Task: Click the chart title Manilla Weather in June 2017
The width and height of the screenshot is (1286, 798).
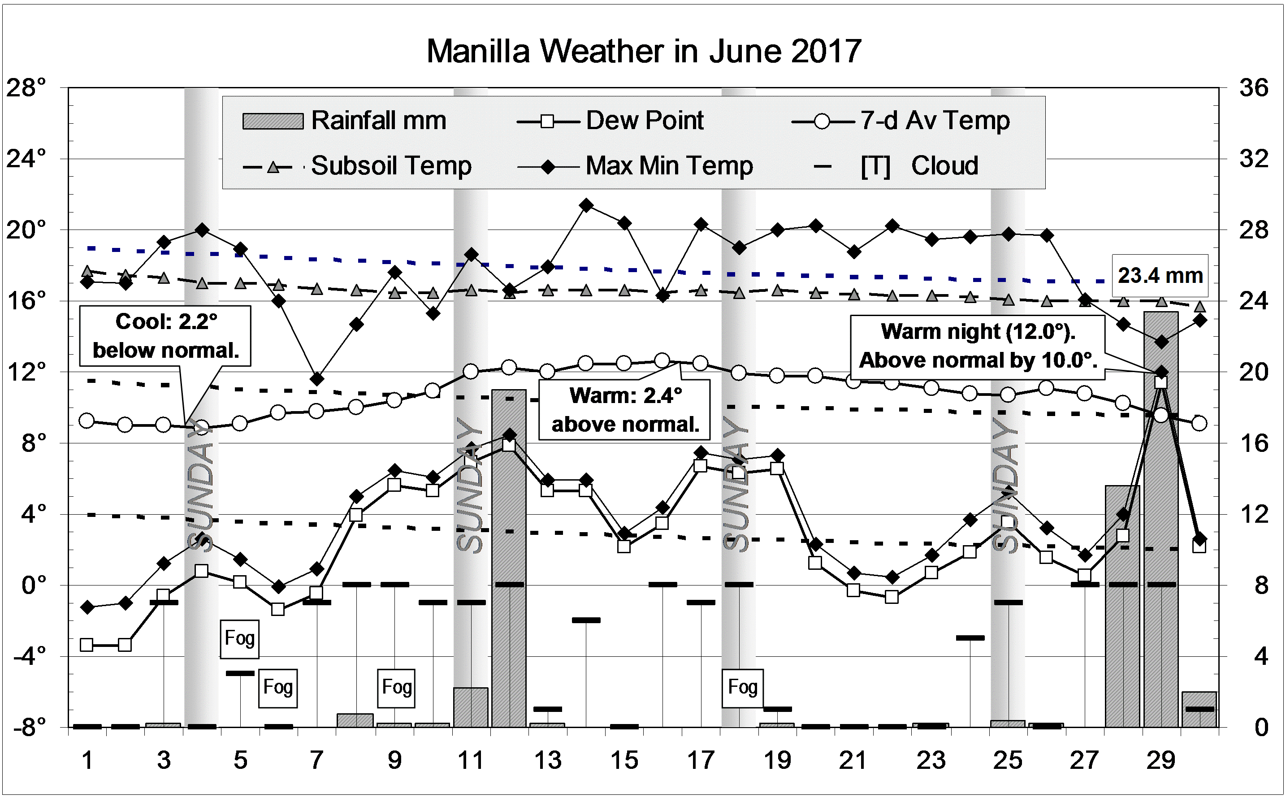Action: click(x=643, y=51)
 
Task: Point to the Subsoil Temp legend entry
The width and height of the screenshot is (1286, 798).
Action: click(x=357, y=166)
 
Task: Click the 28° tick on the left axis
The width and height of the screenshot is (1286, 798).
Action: click(x=26, y=87)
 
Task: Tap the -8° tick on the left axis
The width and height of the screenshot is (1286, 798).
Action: click(x=29, y=727)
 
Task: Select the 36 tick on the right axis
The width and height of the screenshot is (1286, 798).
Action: click(x=1253, y=87)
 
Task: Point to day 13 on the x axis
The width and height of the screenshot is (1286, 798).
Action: click(x=548, y=760)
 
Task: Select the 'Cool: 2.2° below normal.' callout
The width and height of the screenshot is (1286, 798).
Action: click(x=165, y=336)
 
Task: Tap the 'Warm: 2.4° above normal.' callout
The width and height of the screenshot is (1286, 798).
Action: click(x=624, y=410)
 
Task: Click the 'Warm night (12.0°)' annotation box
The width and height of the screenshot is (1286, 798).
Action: click(x=977, y=347)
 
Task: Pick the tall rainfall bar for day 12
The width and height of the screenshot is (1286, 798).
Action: click(x=509, y=559)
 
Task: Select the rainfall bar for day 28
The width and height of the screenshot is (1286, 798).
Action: click(x=1122, y=607)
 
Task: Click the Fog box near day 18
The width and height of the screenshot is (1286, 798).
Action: click(x=742, y=687)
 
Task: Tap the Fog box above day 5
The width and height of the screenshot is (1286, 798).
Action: click(x=239, y=638)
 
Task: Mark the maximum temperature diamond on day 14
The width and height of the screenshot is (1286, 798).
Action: click(x=586, y=205)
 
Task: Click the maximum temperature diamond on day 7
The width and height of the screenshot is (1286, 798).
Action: click(x=316, y=379)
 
